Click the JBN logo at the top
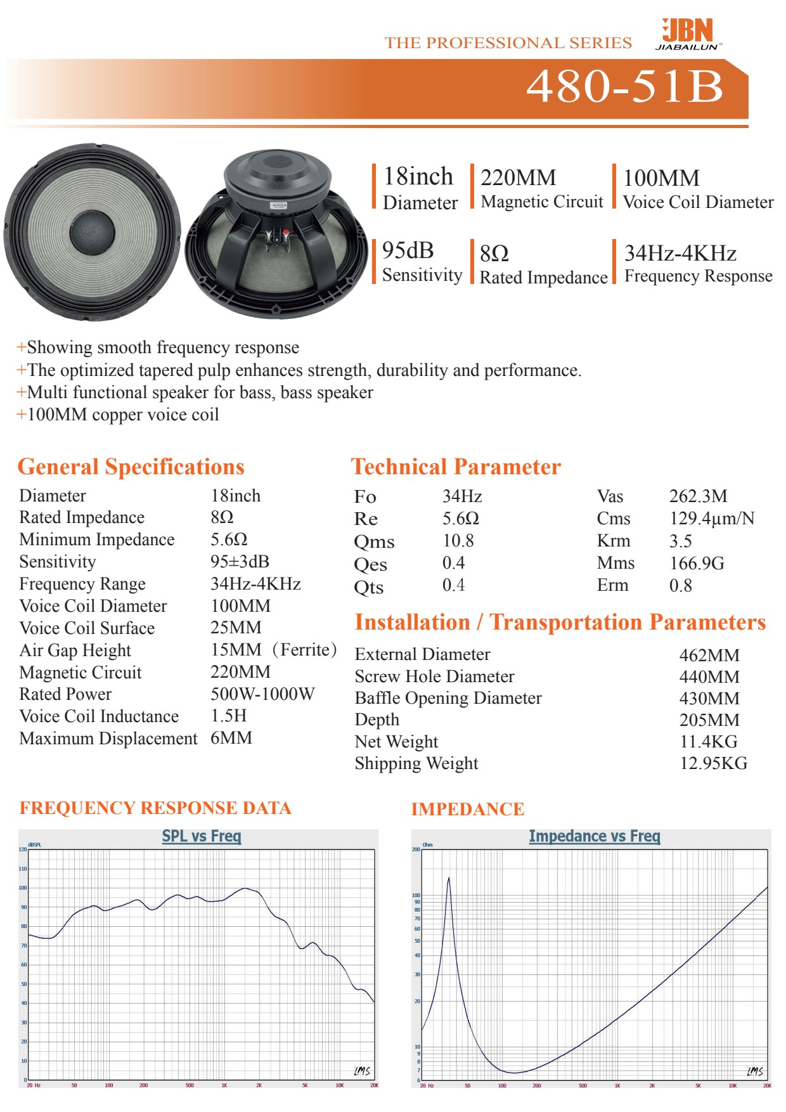[x=688, y=34]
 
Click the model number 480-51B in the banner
[x=624, y=86]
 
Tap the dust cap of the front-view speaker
[x=93, y=231]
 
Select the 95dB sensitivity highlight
[x=408, y=251]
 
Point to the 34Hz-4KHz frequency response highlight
[x=680, y=254]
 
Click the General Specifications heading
[x=131, y=467]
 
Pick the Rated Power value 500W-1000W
[x=262, y=694]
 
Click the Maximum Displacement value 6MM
[x=231, y=738]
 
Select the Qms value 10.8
[x=458, y=541]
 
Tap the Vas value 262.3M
[x=698, y=496]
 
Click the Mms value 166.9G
[x=697, y=563]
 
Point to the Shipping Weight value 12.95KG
[x=713, y=763]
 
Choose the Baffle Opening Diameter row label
[x=448, y=698]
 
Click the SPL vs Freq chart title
[x=202, y=836]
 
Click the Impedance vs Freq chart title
[x=595, y=837]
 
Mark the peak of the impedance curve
[x=449, y=879]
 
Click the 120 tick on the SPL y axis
[x=23, y=850]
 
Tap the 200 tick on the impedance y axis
[x=416, y=850]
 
